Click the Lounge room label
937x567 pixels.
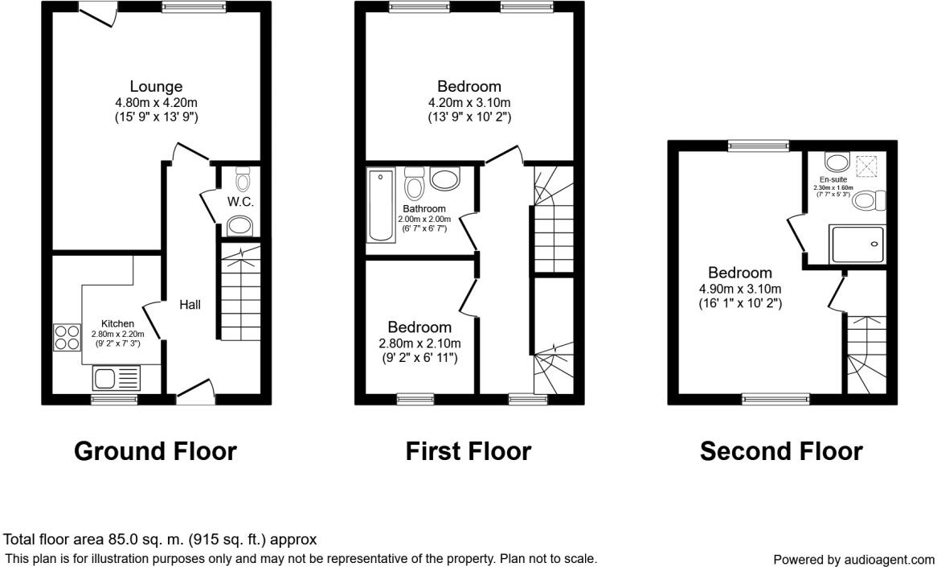coord(157,87)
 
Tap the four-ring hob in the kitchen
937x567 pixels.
coord(66,336)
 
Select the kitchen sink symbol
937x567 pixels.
coord(117,377)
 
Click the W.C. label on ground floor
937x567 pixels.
coord(240,202)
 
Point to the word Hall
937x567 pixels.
coord(190,305)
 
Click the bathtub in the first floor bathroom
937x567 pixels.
coord(381,206)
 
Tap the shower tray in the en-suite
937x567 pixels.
coord(857,244)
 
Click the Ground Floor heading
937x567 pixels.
coord(155,451)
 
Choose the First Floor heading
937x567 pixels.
coord(468,451)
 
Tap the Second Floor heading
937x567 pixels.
coord(781,451)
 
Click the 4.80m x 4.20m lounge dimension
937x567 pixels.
coord(157,102)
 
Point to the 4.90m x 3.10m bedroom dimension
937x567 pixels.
coord(740,290)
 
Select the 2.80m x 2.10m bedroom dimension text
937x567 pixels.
coord(419,343)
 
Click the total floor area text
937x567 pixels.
coord(161,540)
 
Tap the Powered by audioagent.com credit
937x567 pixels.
coord(853,559)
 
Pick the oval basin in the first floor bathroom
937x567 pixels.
coord(444,179)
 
